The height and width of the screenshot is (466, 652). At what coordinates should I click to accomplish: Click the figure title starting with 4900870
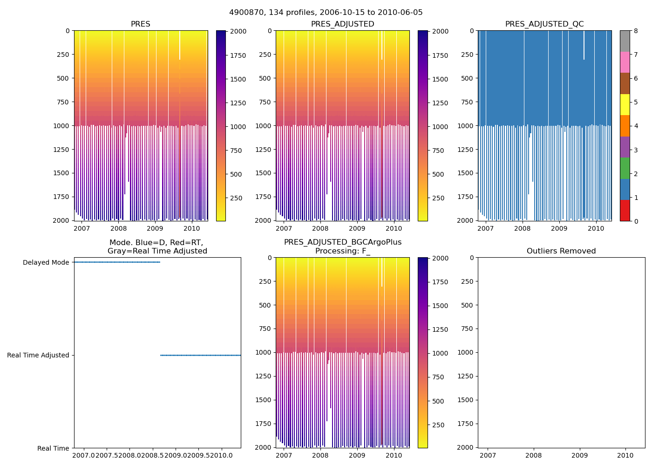[326, 13]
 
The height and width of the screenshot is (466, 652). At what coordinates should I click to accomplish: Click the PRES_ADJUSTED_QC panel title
[544, 24]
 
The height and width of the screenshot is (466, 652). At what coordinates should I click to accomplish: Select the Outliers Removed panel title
[561, 251]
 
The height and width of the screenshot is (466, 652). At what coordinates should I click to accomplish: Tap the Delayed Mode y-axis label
[46, 262]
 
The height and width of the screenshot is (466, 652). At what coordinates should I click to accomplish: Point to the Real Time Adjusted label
[38, 355]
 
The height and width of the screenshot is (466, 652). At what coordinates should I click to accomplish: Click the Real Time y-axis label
[53, 448]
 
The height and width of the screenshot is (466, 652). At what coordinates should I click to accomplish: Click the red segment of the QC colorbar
[625, 211]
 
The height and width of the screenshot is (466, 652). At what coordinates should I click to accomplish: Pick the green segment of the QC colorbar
[625, 168]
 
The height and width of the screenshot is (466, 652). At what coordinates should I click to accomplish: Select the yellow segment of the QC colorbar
[625, 105]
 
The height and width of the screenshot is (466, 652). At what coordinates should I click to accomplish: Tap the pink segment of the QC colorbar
[625, 62]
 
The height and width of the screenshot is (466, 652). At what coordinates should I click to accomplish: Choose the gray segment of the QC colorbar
[625, 41]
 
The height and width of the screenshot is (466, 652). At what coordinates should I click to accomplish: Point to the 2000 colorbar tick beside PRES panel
[238, 31]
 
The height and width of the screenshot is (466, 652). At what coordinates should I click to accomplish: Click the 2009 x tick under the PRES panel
[155, 228]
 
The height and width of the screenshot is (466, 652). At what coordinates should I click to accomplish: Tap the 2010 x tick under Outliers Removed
[625, 455]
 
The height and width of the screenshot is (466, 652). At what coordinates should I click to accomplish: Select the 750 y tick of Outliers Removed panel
[467, 329]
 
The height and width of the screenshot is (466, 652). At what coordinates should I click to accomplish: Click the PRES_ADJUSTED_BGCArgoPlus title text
[343, 242]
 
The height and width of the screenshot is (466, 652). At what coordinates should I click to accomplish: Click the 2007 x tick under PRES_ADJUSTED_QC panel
[485, 228]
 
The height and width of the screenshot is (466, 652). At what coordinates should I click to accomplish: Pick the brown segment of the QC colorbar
[625, 83]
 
